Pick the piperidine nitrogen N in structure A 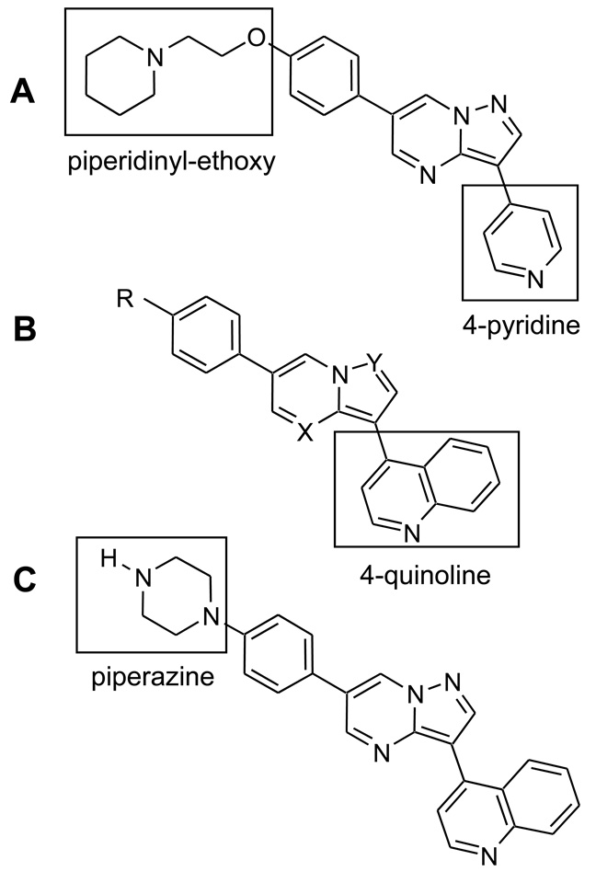[x=156, y=58]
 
